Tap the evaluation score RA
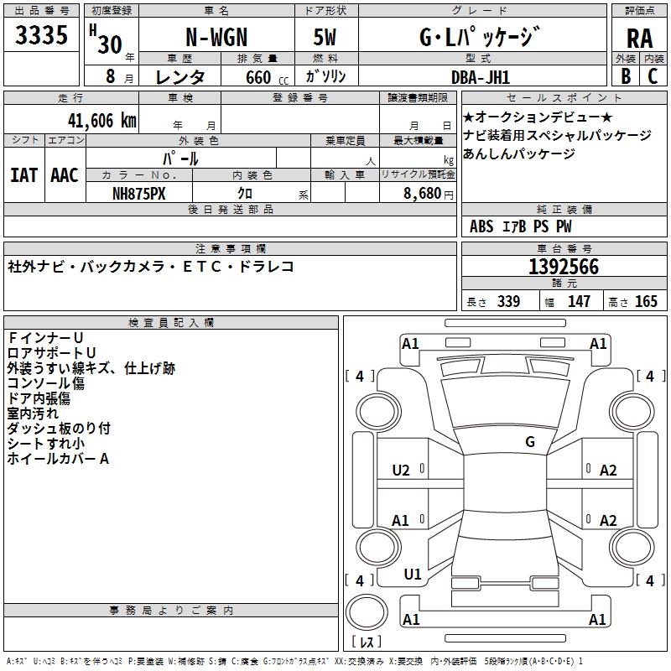pyautogui.click(x=639, y=38)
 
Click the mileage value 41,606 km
pyautogui.click(x=100, y=121)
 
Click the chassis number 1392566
pyautogui.click(x=563, y=267)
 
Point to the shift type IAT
pyautogui.click(x=23, y=175)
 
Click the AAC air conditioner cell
pyautogui.click(x=65, y=175)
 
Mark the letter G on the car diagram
pyautogui.click(x=529, y=442)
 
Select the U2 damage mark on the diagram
pyautogui.click(x=401, y=471)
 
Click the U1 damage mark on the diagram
pyautogui.click(x=413, y=575)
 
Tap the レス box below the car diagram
pyautogui.click(x=366, y=642)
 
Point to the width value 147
pyautogui.click(x=579, y=302)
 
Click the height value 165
pyautogui.click(x=646, y=302)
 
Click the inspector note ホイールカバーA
pyautogui.click(x=59, y=459)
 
